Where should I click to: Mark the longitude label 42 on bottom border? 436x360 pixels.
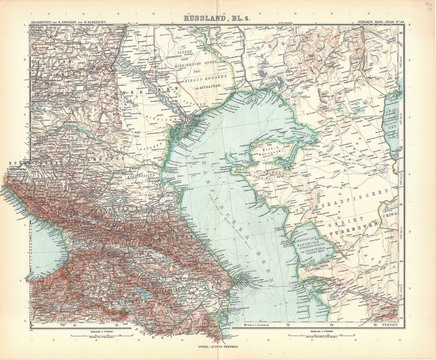point(75,326)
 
